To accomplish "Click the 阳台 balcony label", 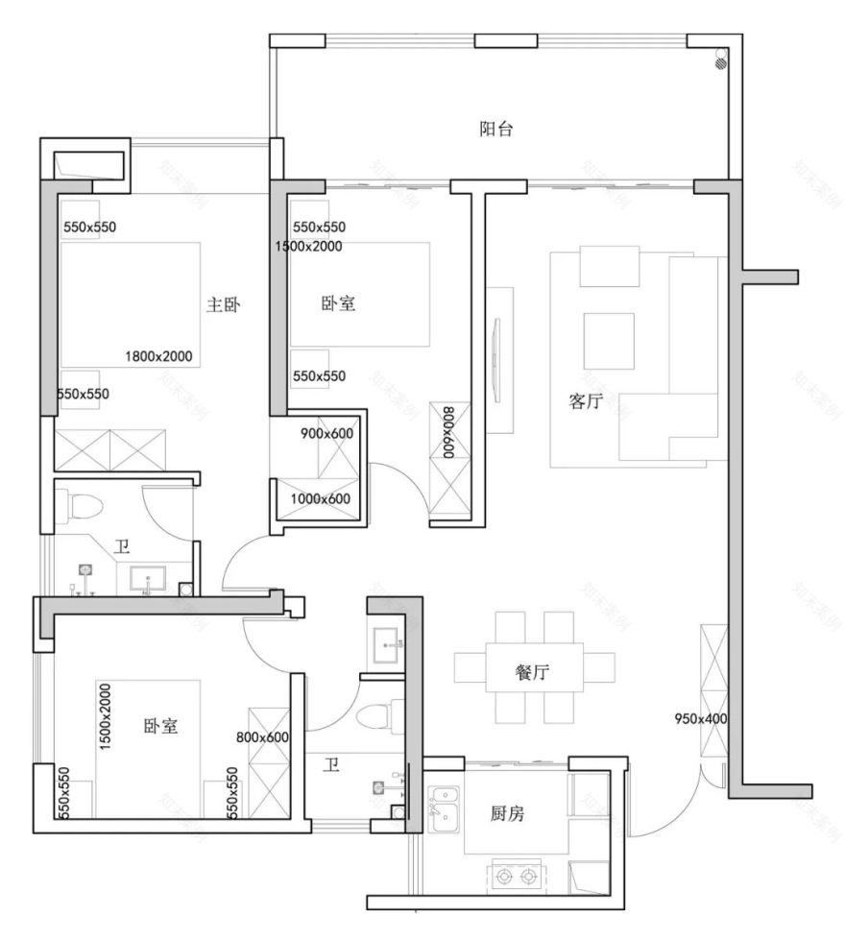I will tap(496, 130).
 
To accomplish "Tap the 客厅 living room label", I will tap(585, 402).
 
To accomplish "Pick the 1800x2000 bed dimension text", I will tap(158, 356).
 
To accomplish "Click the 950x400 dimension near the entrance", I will tap(701, 718).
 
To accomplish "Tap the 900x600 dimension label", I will tap(327, 434).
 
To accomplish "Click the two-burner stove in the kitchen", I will tap(516, 875).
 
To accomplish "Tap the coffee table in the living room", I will tap(609, 340).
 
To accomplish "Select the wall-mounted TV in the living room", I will tap(496, 359).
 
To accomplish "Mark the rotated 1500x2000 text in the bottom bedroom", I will tap(105, 717).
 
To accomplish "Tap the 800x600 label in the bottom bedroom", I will tap(263, 737).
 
